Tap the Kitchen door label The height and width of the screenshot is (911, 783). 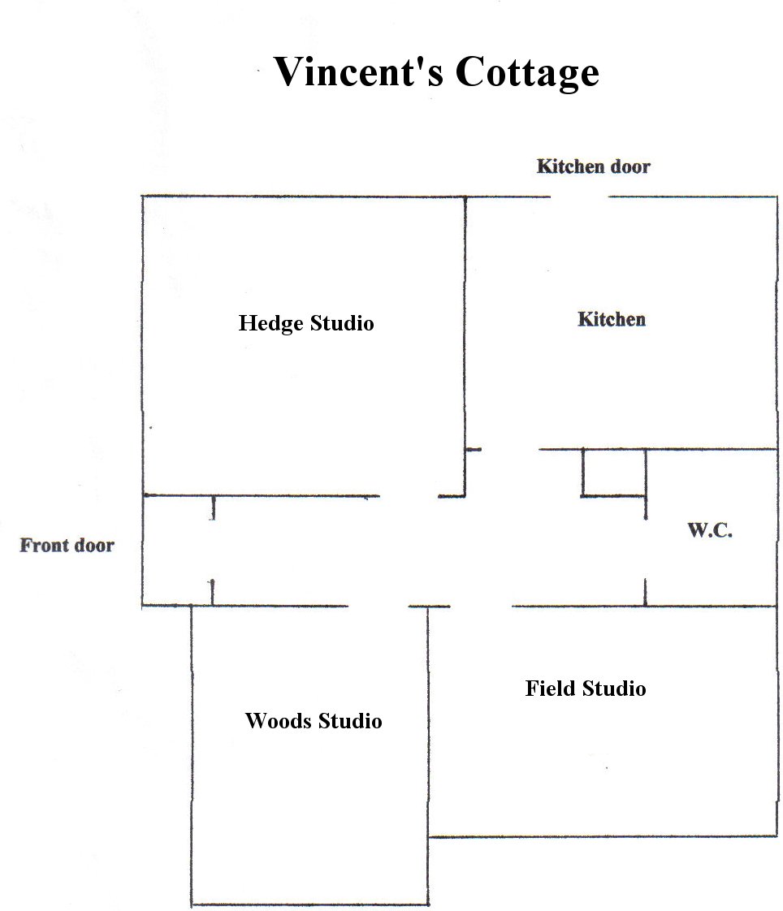point(594,166)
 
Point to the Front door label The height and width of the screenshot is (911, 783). point(67,545)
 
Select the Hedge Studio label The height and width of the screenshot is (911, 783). point(306,323)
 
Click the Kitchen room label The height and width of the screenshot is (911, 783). point(612,319)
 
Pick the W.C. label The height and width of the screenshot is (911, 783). point(711,531)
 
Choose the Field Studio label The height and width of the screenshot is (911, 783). point(586,689)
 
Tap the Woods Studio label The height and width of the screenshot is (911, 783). point(314,720)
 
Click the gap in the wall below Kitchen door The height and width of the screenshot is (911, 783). point(578,196)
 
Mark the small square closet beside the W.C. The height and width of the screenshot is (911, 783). point(614,472)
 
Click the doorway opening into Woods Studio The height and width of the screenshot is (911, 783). point(379,606)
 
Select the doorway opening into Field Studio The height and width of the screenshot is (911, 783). point(481,606)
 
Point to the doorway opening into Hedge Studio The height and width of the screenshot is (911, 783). point(409,495)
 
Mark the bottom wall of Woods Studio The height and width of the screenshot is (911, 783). point(309,905)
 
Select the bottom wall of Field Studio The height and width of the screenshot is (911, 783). point(602,835)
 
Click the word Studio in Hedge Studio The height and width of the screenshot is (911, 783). point(341,323)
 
